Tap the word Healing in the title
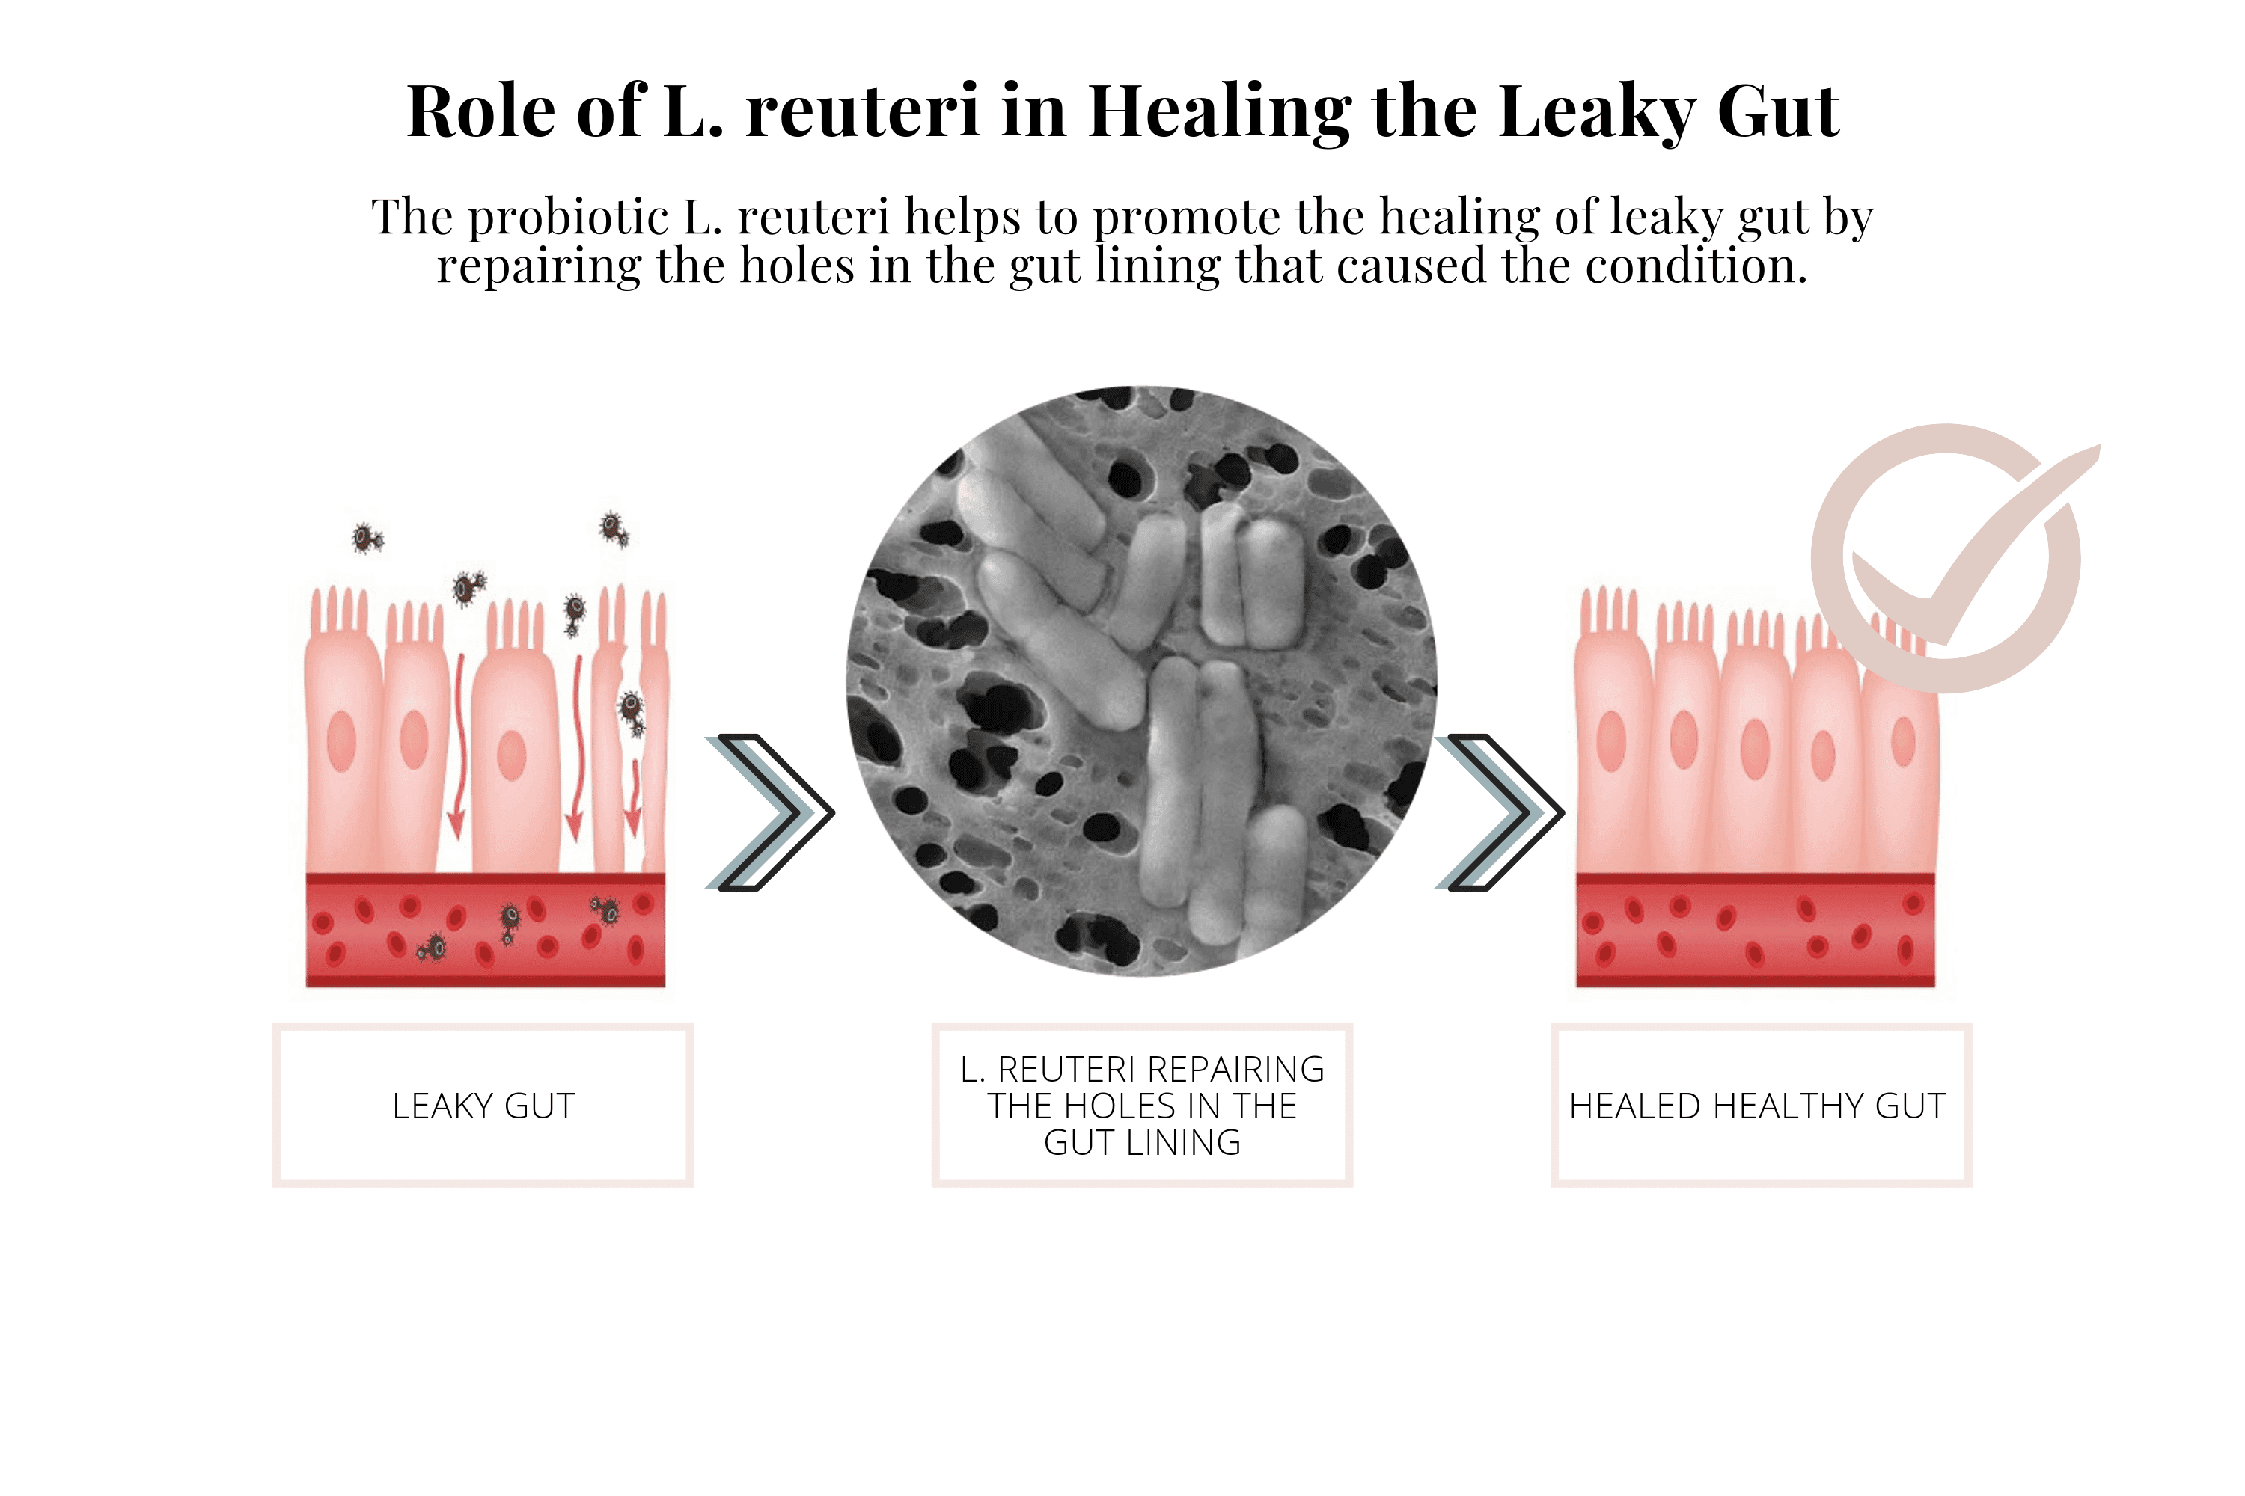pyautogui.click(x=1219, y=114)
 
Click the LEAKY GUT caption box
pyautogui.click(x=483, y=1105)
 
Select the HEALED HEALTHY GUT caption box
pyautogui.click(x=1760, y=1105)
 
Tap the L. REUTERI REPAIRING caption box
pyautogui.click(x=1142, y=1105)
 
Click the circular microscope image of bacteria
pyautogui.click(x=1142, y=681)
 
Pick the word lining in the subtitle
pyautogui.click(x=1157, y=266)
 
